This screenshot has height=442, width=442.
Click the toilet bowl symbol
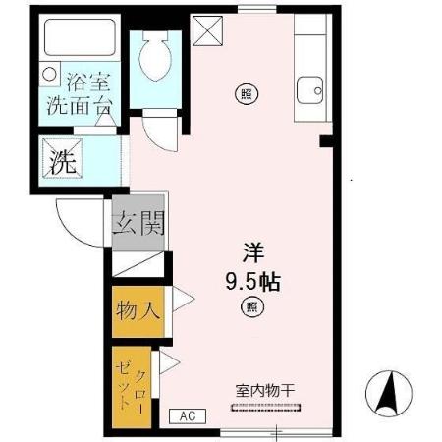(155, 58)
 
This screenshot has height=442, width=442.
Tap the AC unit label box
(187, 414)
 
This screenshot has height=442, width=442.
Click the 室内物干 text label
(264, 390)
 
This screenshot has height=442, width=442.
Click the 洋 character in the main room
(253, 250)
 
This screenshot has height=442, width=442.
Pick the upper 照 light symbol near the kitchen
(244, 94)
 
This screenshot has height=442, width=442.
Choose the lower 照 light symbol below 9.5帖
(252, 308)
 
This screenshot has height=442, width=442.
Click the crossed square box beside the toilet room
(207, 32)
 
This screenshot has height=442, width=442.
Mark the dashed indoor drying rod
(268, 405)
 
